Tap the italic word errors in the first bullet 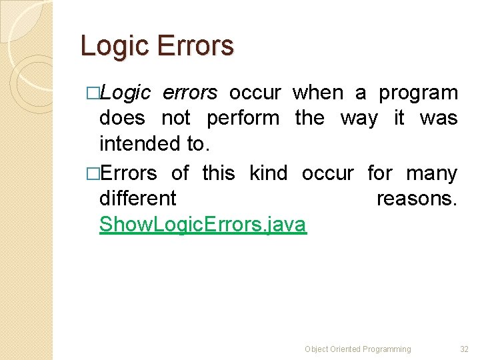point(190,93)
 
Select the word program point(418,93)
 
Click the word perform point(243,119)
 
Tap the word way point(359,119)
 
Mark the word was point(439,119)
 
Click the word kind point(268,173)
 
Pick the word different point(137,199)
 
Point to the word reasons point(417,199)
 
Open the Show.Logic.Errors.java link point(203,225)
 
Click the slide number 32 point(465,349)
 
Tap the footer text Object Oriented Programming point(358,349)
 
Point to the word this point(219,173)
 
